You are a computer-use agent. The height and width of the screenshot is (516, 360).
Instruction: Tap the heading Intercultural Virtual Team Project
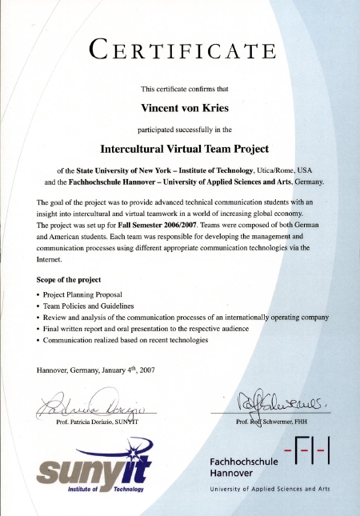coord(184,148)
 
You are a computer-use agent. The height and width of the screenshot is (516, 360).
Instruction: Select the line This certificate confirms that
coord(183,88)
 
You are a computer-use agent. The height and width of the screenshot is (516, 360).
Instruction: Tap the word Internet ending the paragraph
coord(51,259)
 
